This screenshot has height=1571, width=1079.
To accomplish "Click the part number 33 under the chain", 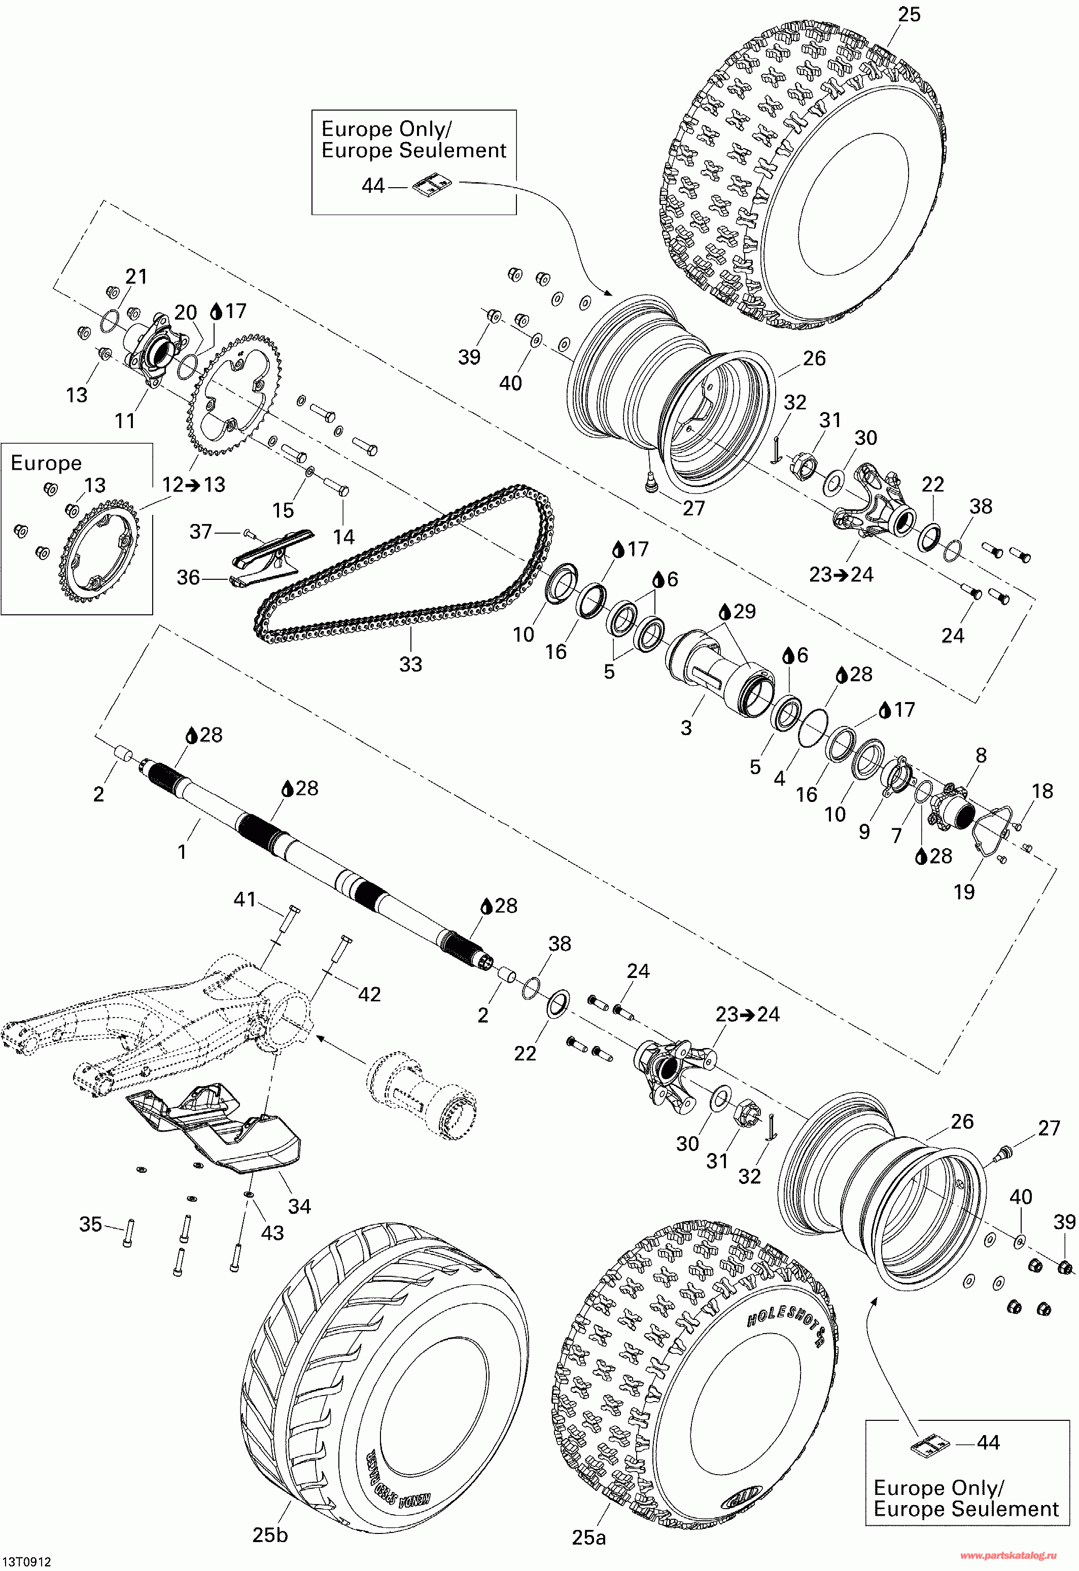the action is point(410,664).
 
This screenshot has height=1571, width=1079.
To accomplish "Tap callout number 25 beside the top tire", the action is point(909,14).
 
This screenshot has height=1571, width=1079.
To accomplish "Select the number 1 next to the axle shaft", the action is point(182,851).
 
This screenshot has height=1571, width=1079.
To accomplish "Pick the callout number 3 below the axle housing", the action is point(686,727).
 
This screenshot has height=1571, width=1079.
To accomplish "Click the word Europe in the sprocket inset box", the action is point(46,463).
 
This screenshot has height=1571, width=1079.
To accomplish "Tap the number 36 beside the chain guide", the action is point(189,577).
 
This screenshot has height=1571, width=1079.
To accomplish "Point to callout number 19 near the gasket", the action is point(964,892).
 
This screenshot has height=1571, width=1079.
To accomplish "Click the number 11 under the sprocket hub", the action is point(125,421).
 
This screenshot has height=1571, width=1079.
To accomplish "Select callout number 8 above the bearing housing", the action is point(981,755).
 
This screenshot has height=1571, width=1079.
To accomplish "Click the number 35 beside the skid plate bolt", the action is point(91,1224).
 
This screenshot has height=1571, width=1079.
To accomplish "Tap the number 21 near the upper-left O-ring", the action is point(136,276).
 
